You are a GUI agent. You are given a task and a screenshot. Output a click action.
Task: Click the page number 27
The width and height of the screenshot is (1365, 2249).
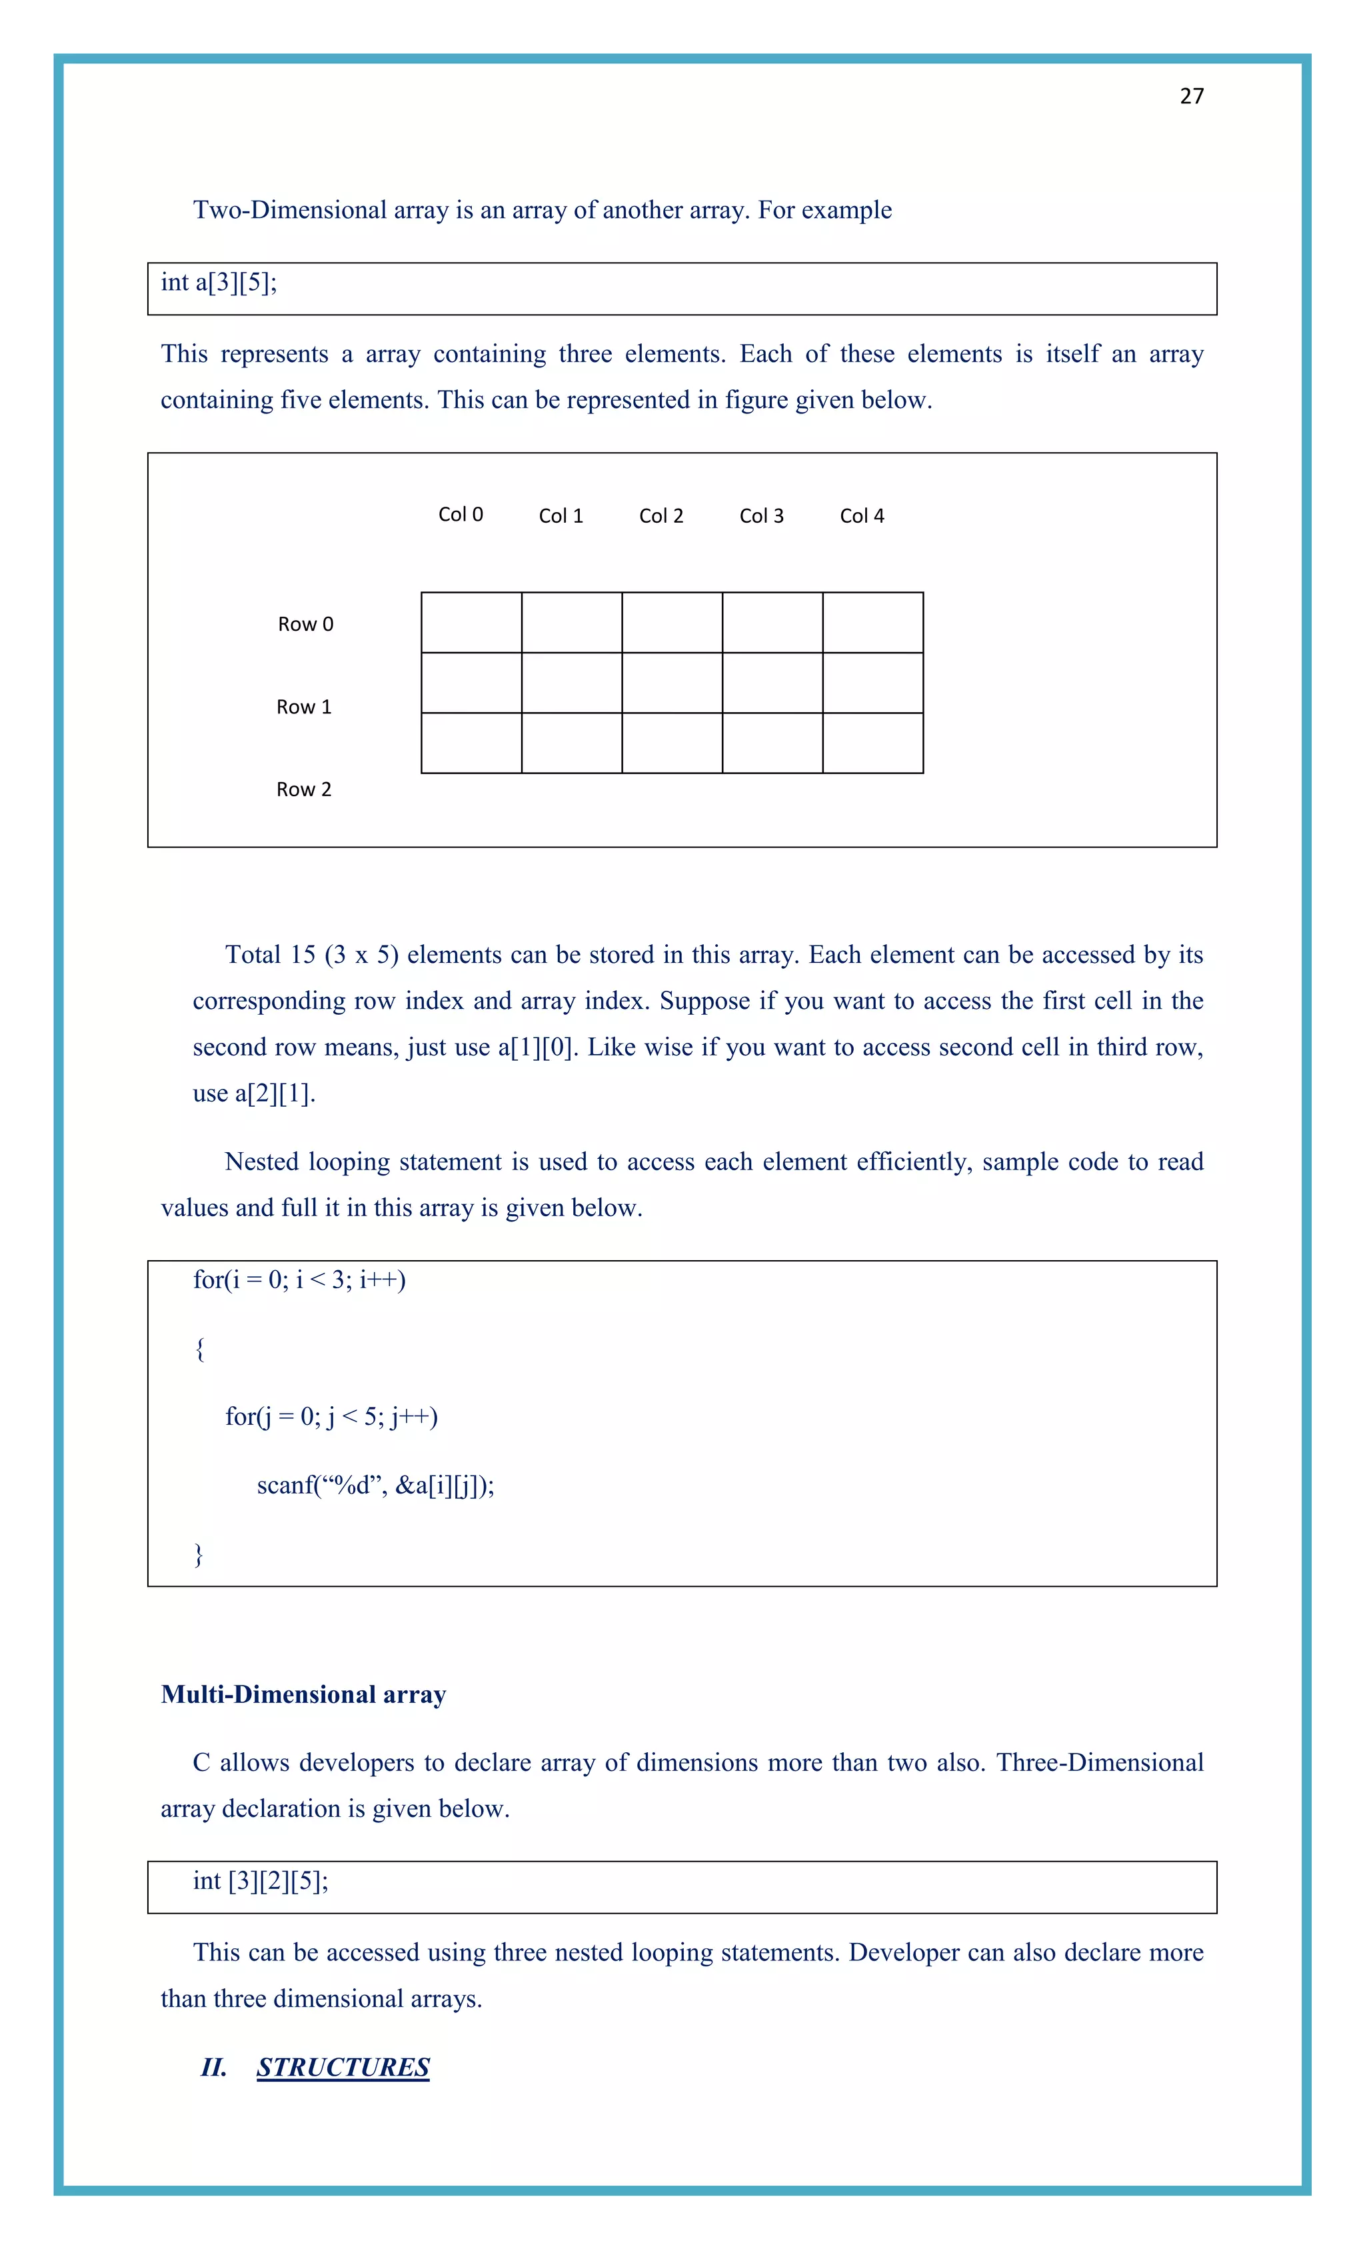click(1191, 97)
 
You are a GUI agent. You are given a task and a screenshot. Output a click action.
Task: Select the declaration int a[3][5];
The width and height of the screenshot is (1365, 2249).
click(219, 283)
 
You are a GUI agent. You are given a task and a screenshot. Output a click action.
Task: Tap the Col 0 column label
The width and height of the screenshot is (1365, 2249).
click(461, 515)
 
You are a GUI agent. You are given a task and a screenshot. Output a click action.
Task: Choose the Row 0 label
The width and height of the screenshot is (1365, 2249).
click(306, 624)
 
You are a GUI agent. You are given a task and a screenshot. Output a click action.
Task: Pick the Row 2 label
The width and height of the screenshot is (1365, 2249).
click(304, 789)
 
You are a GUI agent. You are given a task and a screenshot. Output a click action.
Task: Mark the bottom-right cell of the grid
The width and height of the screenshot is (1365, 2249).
click(872, 743)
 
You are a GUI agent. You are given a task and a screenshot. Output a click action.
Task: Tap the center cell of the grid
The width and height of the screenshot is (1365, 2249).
click(673, 683)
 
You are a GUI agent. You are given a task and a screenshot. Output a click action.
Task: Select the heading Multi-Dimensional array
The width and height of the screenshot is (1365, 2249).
click(303, 1695)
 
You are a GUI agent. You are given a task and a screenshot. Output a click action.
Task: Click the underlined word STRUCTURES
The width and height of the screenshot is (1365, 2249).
click(343, 2068)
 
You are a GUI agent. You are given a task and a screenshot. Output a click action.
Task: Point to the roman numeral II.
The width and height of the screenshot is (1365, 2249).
click(213, 2068)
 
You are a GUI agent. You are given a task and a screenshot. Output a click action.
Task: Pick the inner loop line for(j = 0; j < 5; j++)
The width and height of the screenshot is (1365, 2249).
click(331, 1417)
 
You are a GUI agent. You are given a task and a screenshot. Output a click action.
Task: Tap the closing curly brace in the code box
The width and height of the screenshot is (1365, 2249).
click(199, 1554)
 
